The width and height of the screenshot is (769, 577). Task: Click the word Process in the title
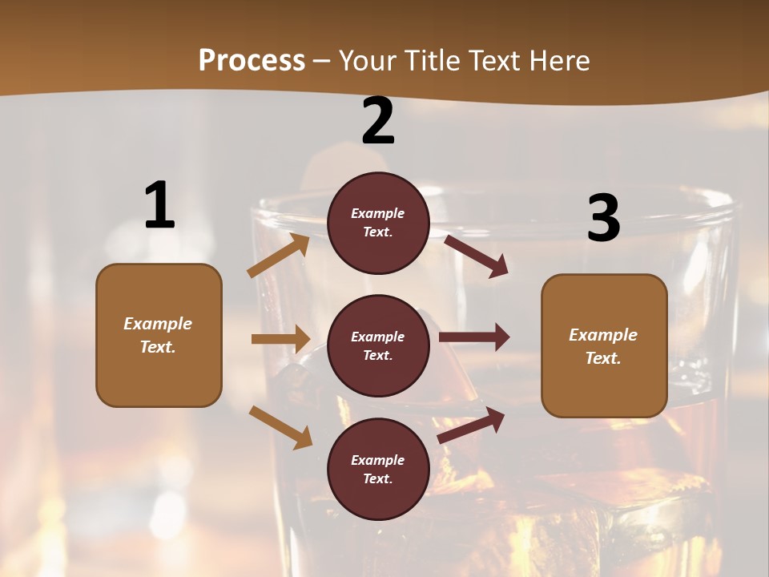tap(252, 60)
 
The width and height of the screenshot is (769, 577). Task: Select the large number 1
tap(159, 206)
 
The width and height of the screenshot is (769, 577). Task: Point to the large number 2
tap(378, 122)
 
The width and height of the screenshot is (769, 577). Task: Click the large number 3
tap(604, 218)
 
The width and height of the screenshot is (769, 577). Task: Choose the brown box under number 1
tap(159, 335)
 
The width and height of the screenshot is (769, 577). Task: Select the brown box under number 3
tap(604, 345)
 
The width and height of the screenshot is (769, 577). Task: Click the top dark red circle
tap(378, 223)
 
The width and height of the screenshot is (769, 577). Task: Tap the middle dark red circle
tap(378, 345)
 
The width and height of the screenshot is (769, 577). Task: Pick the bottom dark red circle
tap(378, 469)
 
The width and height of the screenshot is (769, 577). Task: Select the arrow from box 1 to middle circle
tap(280, 339)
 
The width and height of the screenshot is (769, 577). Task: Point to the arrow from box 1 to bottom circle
tap(280, 427)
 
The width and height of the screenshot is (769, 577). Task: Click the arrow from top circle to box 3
tap(476, 256)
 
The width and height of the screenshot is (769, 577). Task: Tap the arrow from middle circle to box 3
tap(474, 337)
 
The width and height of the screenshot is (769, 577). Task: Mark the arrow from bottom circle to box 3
tap(471, 426)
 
